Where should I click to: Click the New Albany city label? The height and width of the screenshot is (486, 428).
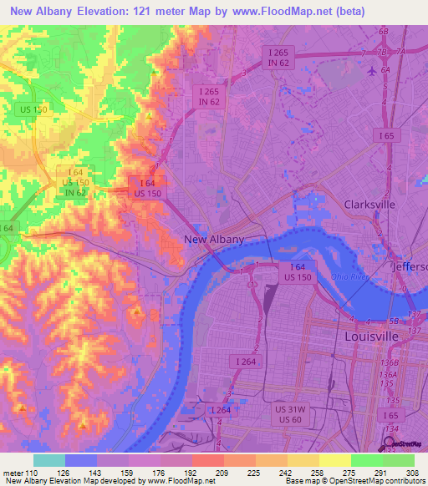click(x=214, y=240)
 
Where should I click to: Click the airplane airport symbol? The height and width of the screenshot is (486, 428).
click(x=371, y=70)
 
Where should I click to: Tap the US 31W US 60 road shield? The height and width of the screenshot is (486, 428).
click(x=290, y=414)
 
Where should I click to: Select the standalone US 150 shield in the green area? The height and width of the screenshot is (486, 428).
click(x=34, y=109)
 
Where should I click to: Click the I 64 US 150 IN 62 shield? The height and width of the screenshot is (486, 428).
click(x=76, y=182)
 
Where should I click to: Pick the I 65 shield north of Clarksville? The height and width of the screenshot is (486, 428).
click(x=385, y=135)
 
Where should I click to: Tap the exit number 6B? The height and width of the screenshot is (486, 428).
click(x=384, y=31)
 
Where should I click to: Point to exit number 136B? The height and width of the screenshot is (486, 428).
click(x=386, y=363)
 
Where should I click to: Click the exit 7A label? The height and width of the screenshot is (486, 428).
click(x=401, y=52)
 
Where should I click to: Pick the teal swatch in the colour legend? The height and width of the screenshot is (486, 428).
click(x=48, y=460)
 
